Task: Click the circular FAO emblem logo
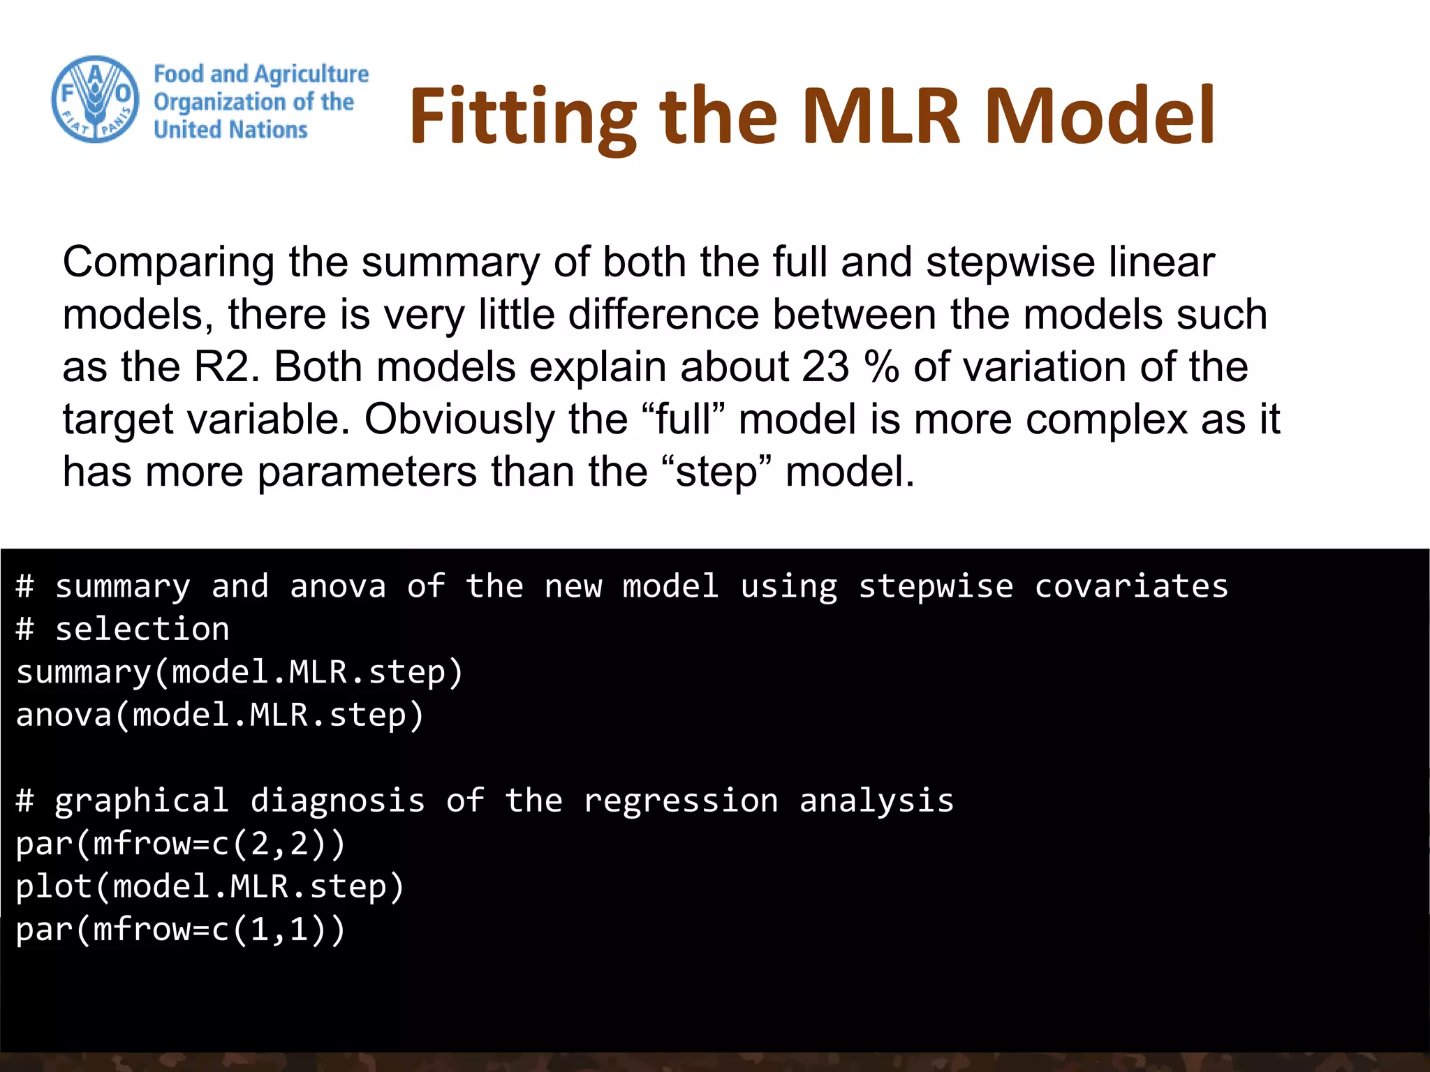96,100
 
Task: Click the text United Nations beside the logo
230,130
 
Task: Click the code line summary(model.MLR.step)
239,673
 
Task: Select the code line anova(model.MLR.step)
220,715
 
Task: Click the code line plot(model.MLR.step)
210,887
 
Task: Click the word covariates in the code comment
1130,586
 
